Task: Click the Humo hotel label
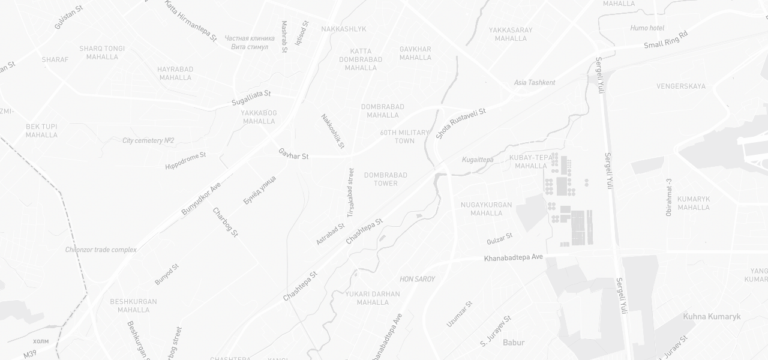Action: (647, 28)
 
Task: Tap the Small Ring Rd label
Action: (665, 40)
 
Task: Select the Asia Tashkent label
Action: (535, 83)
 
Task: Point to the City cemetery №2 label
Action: (148, 140)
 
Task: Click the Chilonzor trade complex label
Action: (101, 250)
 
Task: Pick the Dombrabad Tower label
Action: (386, 179)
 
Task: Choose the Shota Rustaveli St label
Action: (460, 124)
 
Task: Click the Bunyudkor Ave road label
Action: (201, 199)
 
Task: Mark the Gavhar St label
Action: (293, 154)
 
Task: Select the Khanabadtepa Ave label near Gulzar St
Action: (513, 257)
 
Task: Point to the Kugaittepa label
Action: (478, 160)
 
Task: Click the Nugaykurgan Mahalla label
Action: (487, 209)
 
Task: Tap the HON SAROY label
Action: (417, 280)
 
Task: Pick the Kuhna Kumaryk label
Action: (712, 316)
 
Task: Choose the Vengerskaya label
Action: (681, 86)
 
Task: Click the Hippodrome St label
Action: (185, 160)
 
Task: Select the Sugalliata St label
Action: (251, 98)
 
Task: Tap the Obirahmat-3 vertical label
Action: (669, 197)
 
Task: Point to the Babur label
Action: (514, 343)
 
